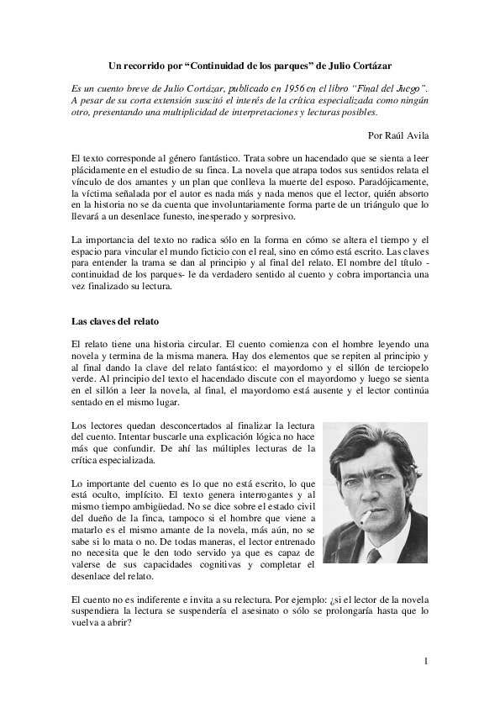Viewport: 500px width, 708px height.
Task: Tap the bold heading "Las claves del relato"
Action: pos(114,321)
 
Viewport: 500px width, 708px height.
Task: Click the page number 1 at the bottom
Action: pos(426,661)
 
